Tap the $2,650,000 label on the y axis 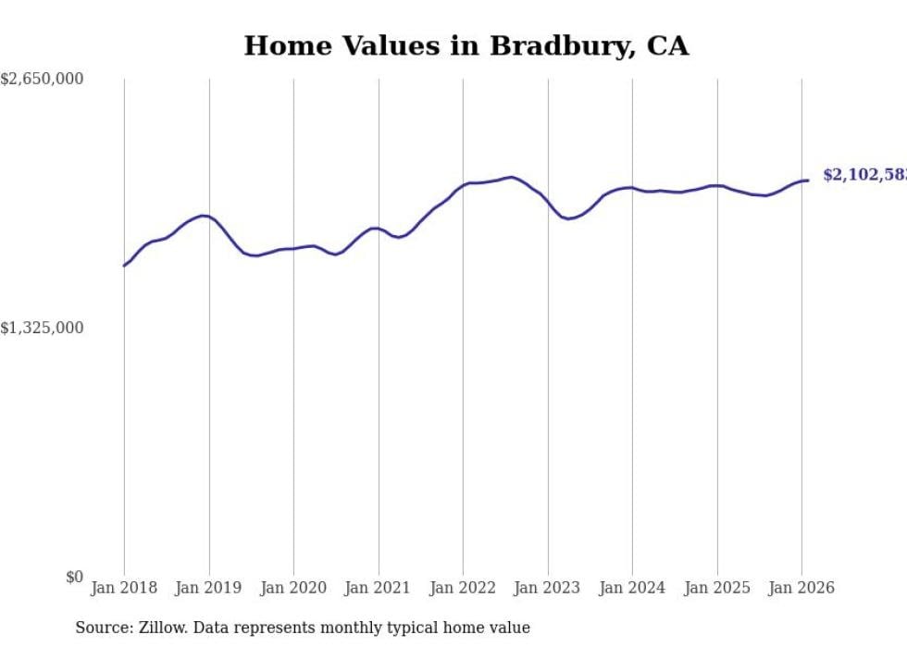[x=42, y=80]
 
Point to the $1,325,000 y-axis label [x=42, y=329]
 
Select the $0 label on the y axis [x=74, y=578]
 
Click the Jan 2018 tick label [x=124, y=588]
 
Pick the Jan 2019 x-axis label [x=209, y=588]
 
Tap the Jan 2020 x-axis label [x=293, y=588]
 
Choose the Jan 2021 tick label [x=379, y=588]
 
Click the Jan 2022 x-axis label [x=463, y=588]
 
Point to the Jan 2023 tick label [x=548, y=588]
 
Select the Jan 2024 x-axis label [x=632, y=588]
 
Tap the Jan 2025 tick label [x=717, y=588]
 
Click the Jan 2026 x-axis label [x=801, y=588]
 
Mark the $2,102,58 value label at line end [x=864, y=175]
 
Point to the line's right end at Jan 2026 [x=808, y=180]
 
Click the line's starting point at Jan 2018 [x=124, y=266]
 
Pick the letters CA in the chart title [x=667, y=46]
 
